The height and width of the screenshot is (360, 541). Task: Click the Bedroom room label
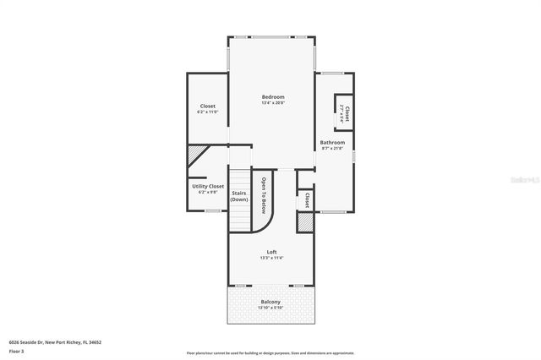272,97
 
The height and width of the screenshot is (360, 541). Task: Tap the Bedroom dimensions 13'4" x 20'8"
272,103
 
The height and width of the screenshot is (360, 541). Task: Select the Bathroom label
332,143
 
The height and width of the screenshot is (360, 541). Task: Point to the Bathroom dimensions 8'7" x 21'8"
332,149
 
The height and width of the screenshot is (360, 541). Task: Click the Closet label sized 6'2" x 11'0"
208,106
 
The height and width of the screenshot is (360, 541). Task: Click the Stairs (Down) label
239,196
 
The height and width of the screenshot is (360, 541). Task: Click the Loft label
271,252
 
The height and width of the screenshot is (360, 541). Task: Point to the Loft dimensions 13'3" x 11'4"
271,258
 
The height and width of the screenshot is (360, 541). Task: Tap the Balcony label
271,302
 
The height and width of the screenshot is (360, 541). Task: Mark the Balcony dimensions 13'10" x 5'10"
271,308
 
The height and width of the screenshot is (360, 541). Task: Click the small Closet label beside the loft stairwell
306,200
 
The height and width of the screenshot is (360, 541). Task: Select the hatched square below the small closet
304,221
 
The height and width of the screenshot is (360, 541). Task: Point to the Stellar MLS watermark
523,179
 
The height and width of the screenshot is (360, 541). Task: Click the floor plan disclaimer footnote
270,352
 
